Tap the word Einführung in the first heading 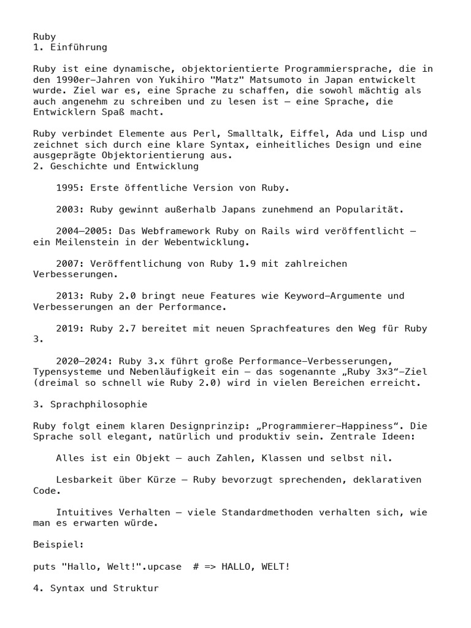pyautogui.click(x=78, y=47)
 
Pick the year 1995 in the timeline pyautogui.click(x=67, y=188)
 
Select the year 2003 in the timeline pyautogui.click(x=67, y=209)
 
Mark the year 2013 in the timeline pyautogui.click(x=67, y=296)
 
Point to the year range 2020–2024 pyautogui.click(x=82, y=361)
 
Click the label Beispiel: pyautogui.click(x=58, y=544)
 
